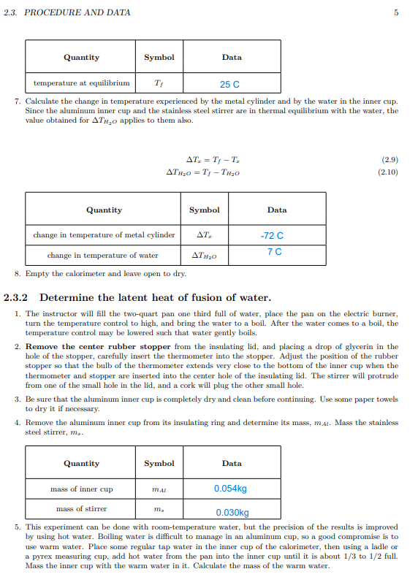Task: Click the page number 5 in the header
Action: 395,12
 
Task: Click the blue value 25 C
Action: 230,85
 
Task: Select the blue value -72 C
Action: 272,236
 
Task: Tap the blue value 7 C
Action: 274,252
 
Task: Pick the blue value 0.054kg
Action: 230,489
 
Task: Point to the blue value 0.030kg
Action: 232,513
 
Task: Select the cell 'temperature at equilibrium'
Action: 82,83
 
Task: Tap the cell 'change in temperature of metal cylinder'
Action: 104,234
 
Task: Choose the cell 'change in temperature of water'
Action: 103,256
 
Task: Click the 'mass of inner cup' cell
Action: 81,489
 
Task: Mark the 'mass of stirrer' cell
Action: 81,508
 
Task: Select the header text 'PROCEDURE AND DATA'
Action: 77,12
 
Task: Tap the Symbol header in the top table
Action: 159,57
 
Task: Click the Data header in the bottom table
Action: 232,463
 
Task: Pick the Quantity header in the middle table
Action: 104,210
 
